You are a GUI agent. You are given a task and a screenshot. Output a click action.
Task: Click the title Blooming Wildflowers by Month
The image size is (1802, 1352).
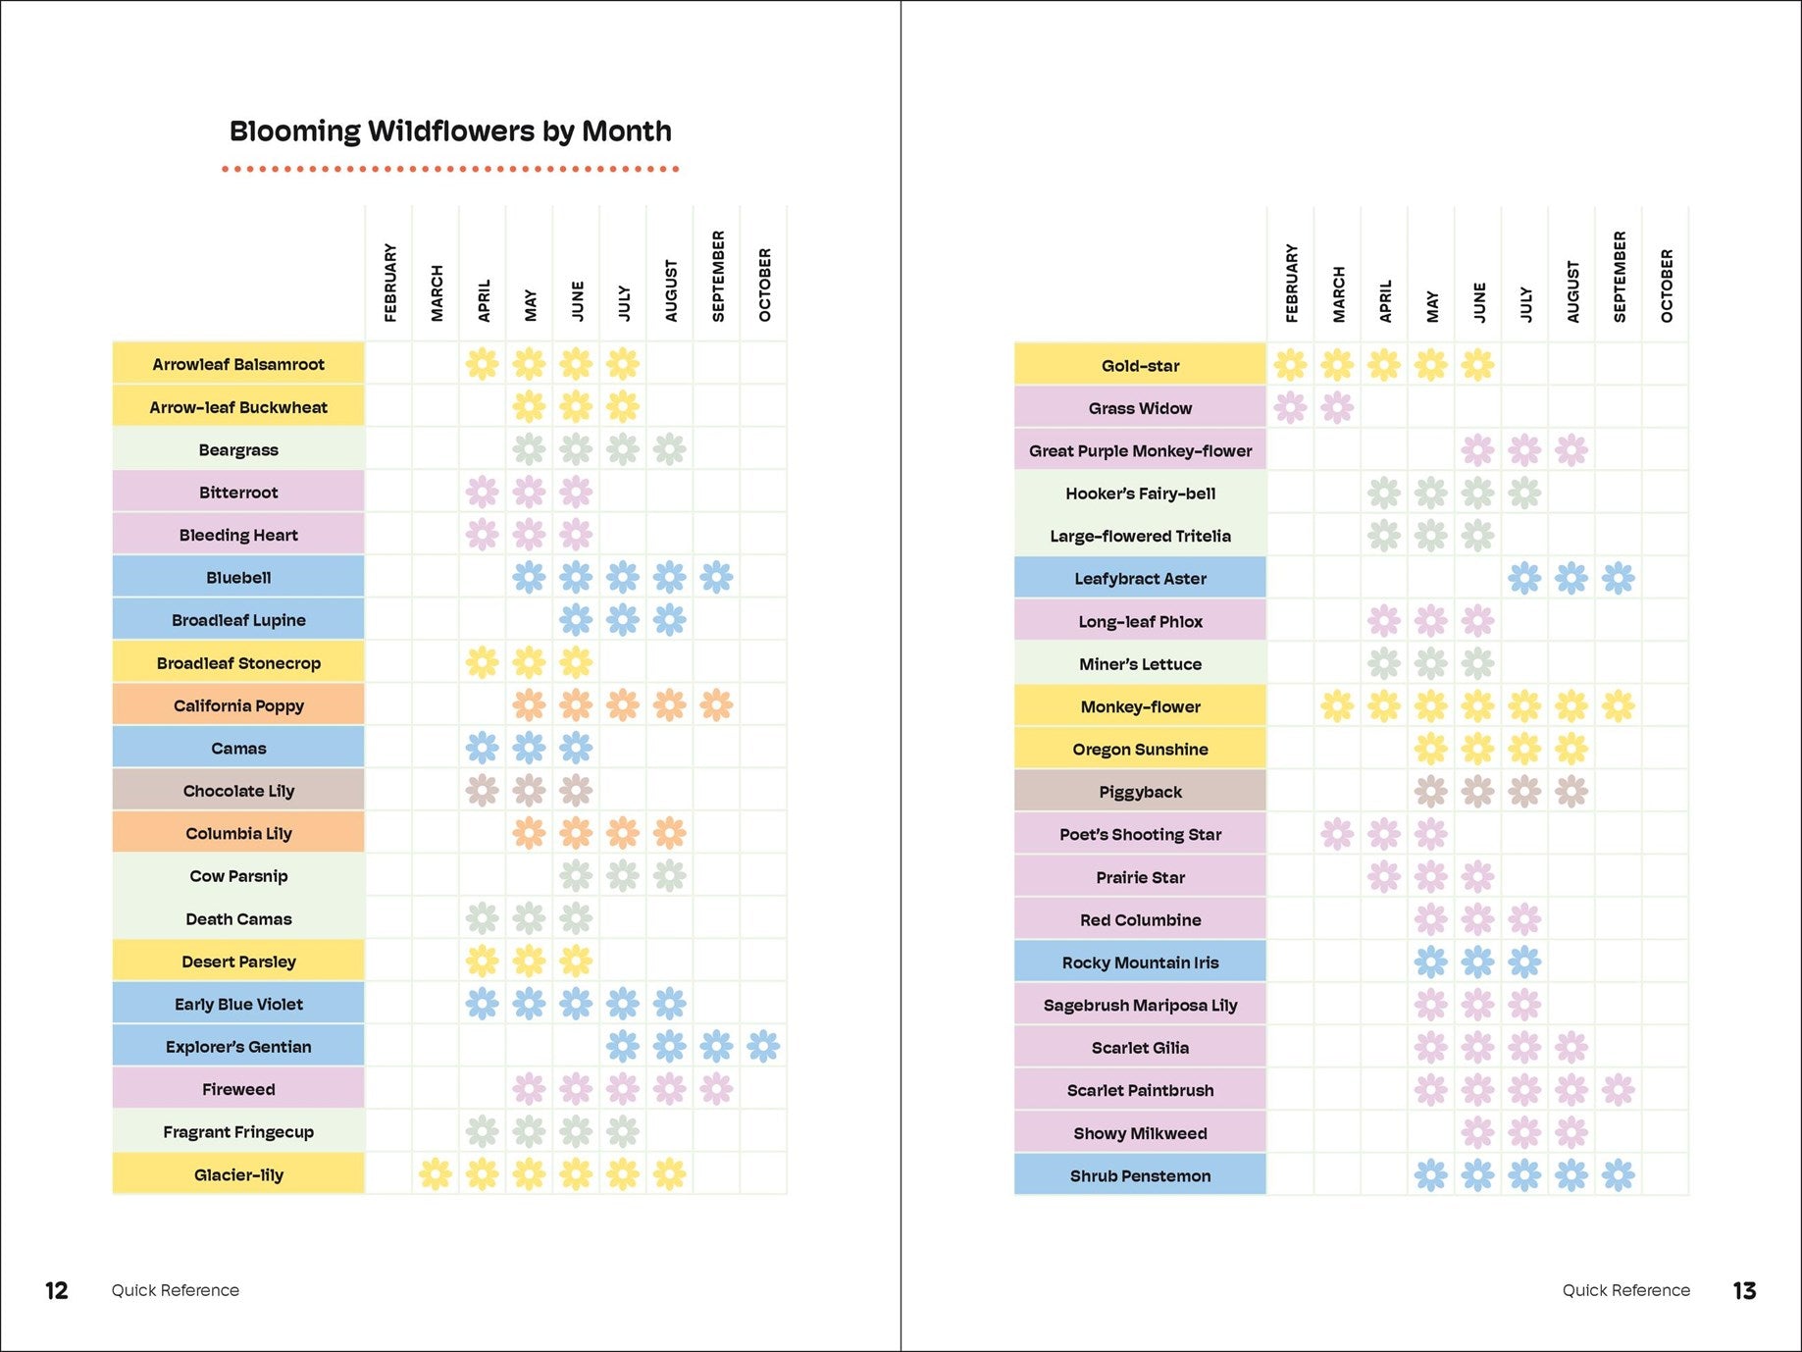pos(450,131)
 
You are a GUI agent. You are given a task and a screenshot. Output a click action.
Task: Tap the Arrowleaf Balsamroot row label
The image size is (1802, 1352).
pos(238,364)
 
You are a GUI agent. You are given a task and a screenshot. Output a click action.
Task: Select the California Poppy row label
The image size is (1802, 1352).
pos(238,705)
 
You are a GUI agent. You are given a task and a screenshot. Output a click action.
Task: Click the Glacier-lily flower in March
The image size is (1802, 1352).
pos(436,1173)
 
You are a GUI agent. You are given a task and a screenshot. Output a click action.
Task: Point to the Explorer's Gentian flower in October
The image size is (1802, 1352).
pos(763,1047)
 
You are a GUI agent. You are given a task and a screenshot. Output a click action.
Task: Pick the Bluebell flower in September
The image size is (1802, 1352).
pos(717,577)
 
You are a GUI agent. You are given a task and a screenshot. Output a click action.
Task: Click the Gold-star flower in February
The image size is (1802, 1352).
pos(1290,365)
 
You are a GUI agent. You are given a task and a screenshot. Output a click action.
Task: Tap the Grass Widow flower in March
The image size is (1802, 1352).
pos(1337,407)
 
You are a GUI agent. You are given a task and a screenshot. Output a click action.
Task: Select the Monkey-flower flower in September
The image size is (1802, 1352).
pos(1619,705)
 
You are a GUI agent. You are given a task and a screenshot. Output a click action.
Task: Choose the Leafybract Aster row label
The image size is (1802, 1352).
pos(1140,579)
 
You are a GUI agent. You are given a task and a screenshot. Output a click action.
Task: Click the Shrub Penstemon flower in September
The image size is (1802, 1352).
pos(1619,1174)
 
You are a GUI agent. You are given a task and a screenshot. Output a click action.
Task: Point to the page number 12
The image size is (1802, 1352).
pos(57,1290)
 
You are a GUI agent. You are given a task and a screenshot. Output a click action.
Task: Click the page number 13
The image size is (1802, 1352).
pos(1744,1290)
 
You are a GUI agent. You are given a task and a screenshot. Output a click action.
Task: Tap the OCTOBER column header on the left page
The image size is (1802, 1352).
pos(765,285)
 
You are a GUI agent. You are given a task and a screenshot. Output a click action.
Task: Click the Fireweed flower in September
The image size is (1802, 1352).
pos(717,1088)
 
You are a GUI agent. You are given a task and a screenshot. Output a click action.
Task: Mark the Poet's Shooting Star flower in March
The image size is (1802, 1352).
pos(1337,834)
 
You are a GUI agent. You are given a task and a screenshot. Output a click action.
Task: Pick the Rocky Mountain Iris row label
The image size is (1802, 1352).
pos(1140,962)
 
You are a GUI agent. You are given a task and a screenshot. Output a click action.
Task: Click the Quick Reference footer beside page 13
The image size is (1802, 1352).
pos(1625,1290)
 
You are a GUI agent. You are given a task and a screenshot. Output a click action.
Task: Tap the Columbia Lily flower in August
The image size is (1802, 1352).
pos(670,833)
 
